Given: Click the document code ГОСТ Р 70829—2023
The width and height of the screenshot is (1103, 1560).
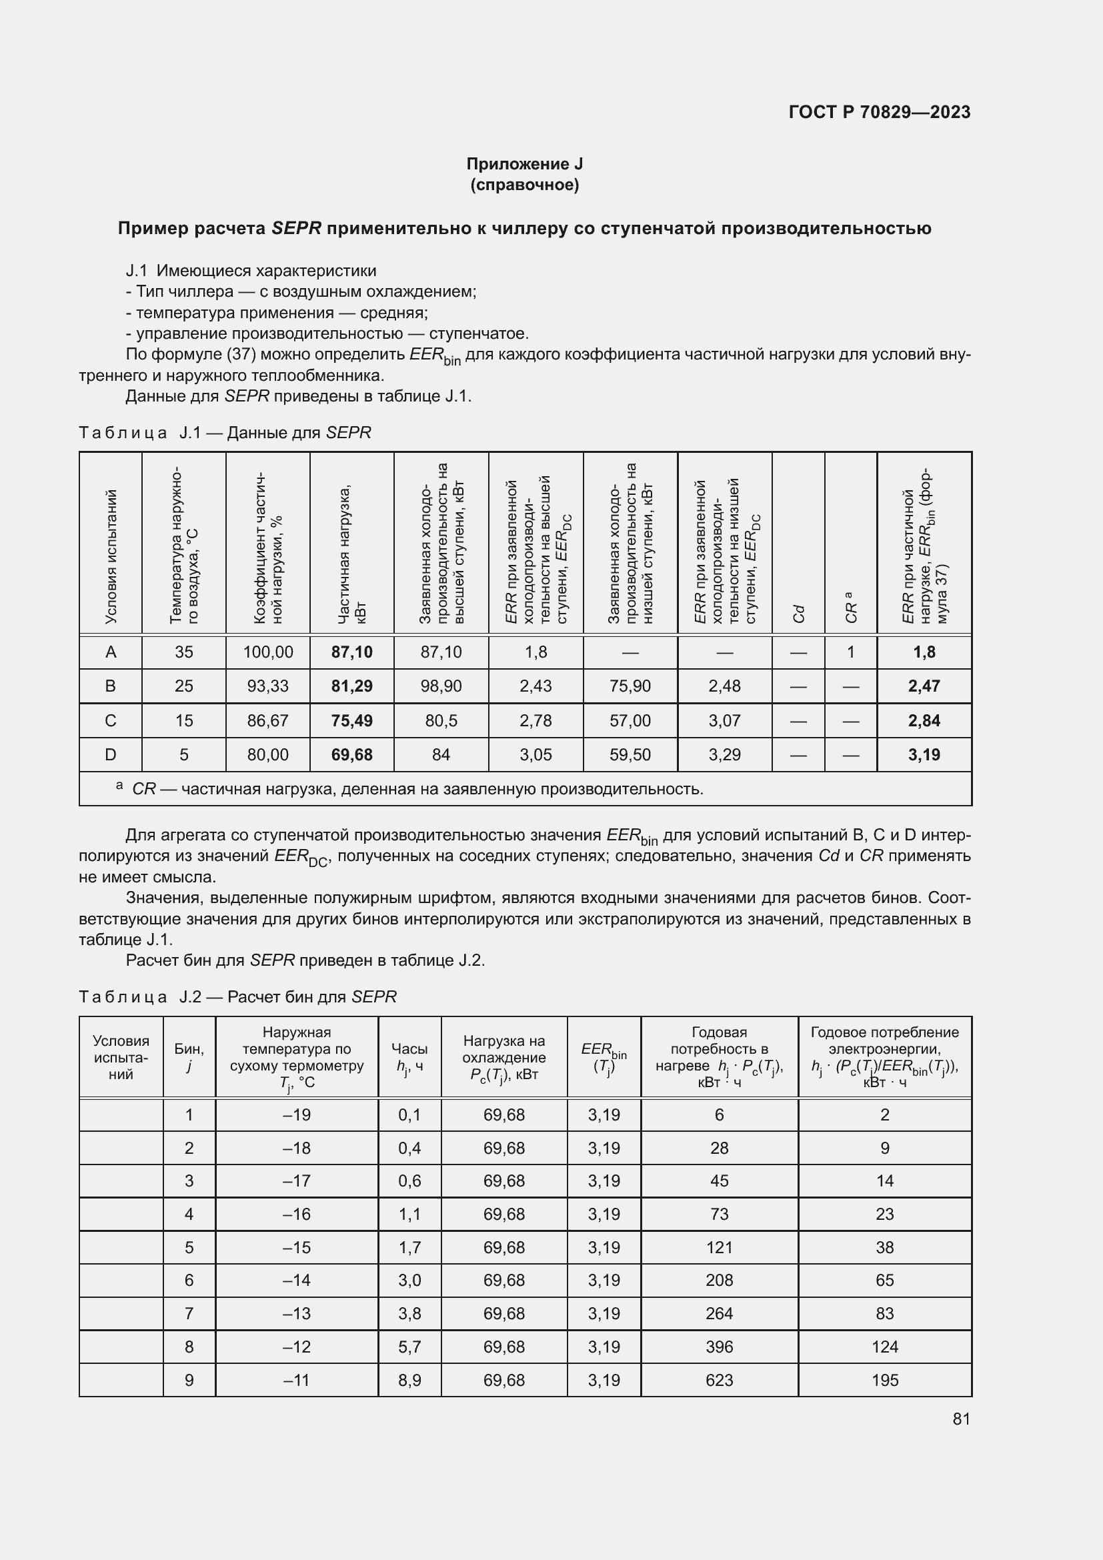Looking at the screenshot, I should click(879, 112).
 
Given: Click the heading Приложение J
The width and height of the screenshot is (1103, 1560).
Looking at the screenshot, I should click(524, 164).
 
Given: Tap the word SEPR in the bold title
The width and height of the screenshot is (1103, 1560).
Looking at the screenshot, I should click(295, 228).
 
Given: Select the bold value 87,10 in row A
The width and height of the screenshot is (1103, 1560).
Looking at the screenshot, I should click(352, 652).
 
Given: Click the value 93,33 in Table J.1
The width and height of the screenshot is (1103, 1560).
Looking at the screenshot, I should click(267, 686).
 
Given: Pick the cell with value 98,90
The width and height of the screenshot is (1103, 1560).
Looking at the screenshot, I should click(441, 686).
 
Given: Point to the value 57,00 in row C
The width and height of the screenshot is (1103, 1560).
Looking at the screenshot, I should click(630, 720).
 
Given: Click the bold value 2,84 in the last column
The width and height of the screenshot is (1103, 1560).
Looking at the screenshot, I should click(924, 720).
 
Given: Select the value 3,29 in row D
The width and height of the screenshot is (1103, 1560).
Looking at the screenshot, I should click(724, 755).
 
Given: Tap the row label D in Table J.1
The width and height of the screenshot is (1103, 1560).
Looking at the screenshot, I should click(111, 755).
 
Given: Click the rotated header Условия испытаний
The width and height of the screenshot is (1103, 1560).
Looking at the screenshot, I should click(111, 556).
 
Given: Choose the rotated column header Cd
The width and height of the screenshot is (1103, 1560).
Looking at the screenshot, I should click(799, 613).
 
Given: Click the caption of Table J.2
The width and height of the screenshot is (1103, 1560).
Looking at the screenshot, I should click(237, 996).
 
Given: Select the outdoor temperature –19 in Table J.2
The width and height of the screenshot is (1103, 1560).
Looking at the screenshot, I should click(296, 1115).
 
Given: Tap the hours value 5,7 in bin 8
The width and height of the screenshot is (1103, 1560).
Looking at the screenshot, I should click(409, 1347).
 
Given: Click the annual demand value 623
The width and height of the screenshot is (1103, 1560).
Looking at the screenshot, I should click(719, 1380).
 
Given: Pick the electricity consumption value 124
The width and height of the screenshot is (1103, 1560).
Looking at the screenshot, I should click(884, 1347).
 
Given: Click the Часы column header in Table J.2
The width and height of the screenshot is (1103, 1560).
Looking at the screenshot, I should click(409, 1058).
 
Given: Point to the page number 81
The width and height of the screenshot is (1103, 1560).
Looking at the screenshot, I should click(961, 1419).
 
